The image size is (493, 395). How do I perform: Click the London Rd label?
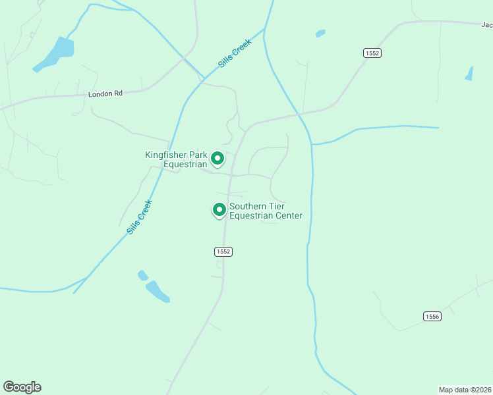click(x=105, y=94)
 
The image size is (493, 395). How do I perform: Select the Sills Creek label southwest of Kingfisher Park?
click(x=139, y=217)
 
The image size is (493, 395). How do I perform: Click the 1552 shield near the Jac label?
click(x=372, y=53)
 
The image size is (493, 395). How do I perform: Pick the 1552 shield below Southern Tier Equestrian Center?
click(x=223, y=251)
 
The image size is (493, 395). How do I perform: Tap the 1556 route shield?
click(x=432, y=317)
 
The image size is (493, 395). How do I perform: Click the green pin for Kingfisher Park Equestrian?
click(x=217, y=159)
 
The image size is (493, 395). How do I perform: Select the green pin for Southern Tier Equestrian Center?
click(x=219, y=209)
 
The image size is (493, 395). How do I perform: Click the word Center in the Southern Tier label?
click(x=287, y=215)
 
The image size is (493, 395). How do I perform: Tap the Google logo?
click(x=22, y=387)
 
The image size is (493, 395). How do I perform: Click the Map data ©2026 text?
click(x=465, y=389)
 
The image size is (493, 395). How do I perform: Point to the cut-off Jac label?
click(x=486, y=25)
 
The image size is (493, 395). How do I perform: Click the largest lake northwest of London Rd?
click(x=58, y=53)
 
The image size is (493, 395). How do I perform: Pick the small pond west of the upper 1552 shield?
click(x=320, y=33)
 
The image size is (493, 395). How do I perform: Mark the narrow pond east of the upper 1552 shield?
click(x=469, y=73)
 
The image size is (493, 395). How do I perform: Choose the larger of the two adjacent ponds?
click(x=158, y=291)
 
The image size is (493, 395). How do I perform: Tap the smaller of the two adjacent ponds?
click(x=142, y=275)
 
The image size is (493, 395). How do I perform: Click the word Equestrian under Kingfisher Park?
click(x=186, y=165)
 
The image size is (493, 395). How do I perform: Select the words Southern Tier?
click(x=256, y=206)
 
